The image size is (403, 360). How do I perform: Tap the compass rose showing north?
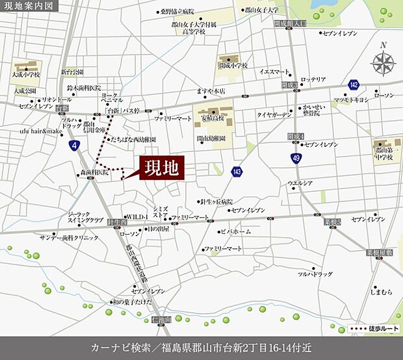click(x=383, y=63)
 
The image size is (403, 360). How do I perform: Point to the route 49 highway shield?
click(x=296, y=158)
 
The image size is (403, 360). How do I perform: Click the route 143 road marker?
click(x=237, y=170)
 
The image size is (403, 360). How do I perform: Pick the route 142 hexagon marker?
click(x=353, y=84)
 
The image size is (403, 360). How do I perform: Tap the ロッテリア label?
click(x=313, y=79)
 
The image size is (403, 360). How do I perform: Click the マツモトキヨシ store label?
click(x=351, y=99)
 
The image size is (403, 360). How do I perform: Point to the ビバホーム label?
click(x=237, y=231)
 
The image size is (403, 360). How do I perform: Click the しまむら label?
click(x=381, y=292)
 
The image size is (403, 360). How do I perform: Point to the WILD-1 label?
click(x=137, y=216)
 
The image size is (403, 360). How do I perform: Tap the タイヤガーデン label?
click(x=276, y=114)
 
